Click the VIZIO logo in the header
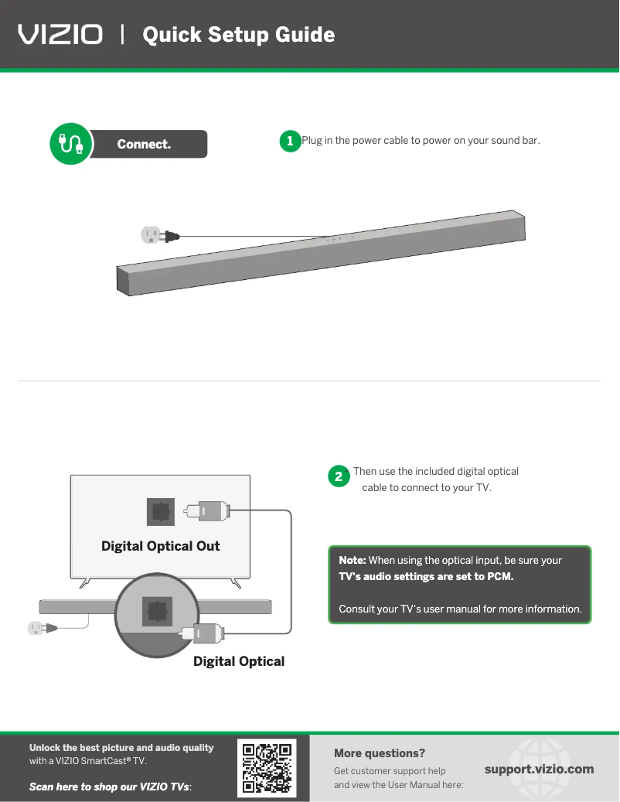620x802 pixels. coord(60,35)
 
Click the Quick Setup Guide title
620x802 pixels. coord(239,35)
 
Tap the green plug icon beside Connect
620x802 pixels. coord(70,144)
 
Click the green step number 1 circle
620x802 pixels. coord(289,141)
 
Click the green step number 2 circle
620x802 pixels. coord(338,476)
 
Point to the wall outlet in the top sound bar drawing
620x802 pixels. coord(150,235)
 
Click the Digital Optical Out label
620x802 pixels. coord(160,546)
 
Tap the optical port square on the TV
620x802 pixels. coord(161,511)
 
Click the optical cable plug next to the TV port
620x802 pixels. coord(206,510)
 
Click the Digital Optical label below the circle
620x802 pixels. coord(239,661)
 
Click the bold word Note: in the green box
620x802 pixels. coord(353,560)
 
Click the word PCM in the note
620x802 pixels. coord(499,577)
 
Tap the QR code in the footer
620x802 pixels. coord(267,769)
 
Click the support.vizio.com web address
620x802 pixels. coord(539,769)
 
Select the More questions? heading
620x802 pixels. coord(380,753)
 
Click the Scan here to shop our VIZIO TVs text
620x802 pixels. coord(110,787)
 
